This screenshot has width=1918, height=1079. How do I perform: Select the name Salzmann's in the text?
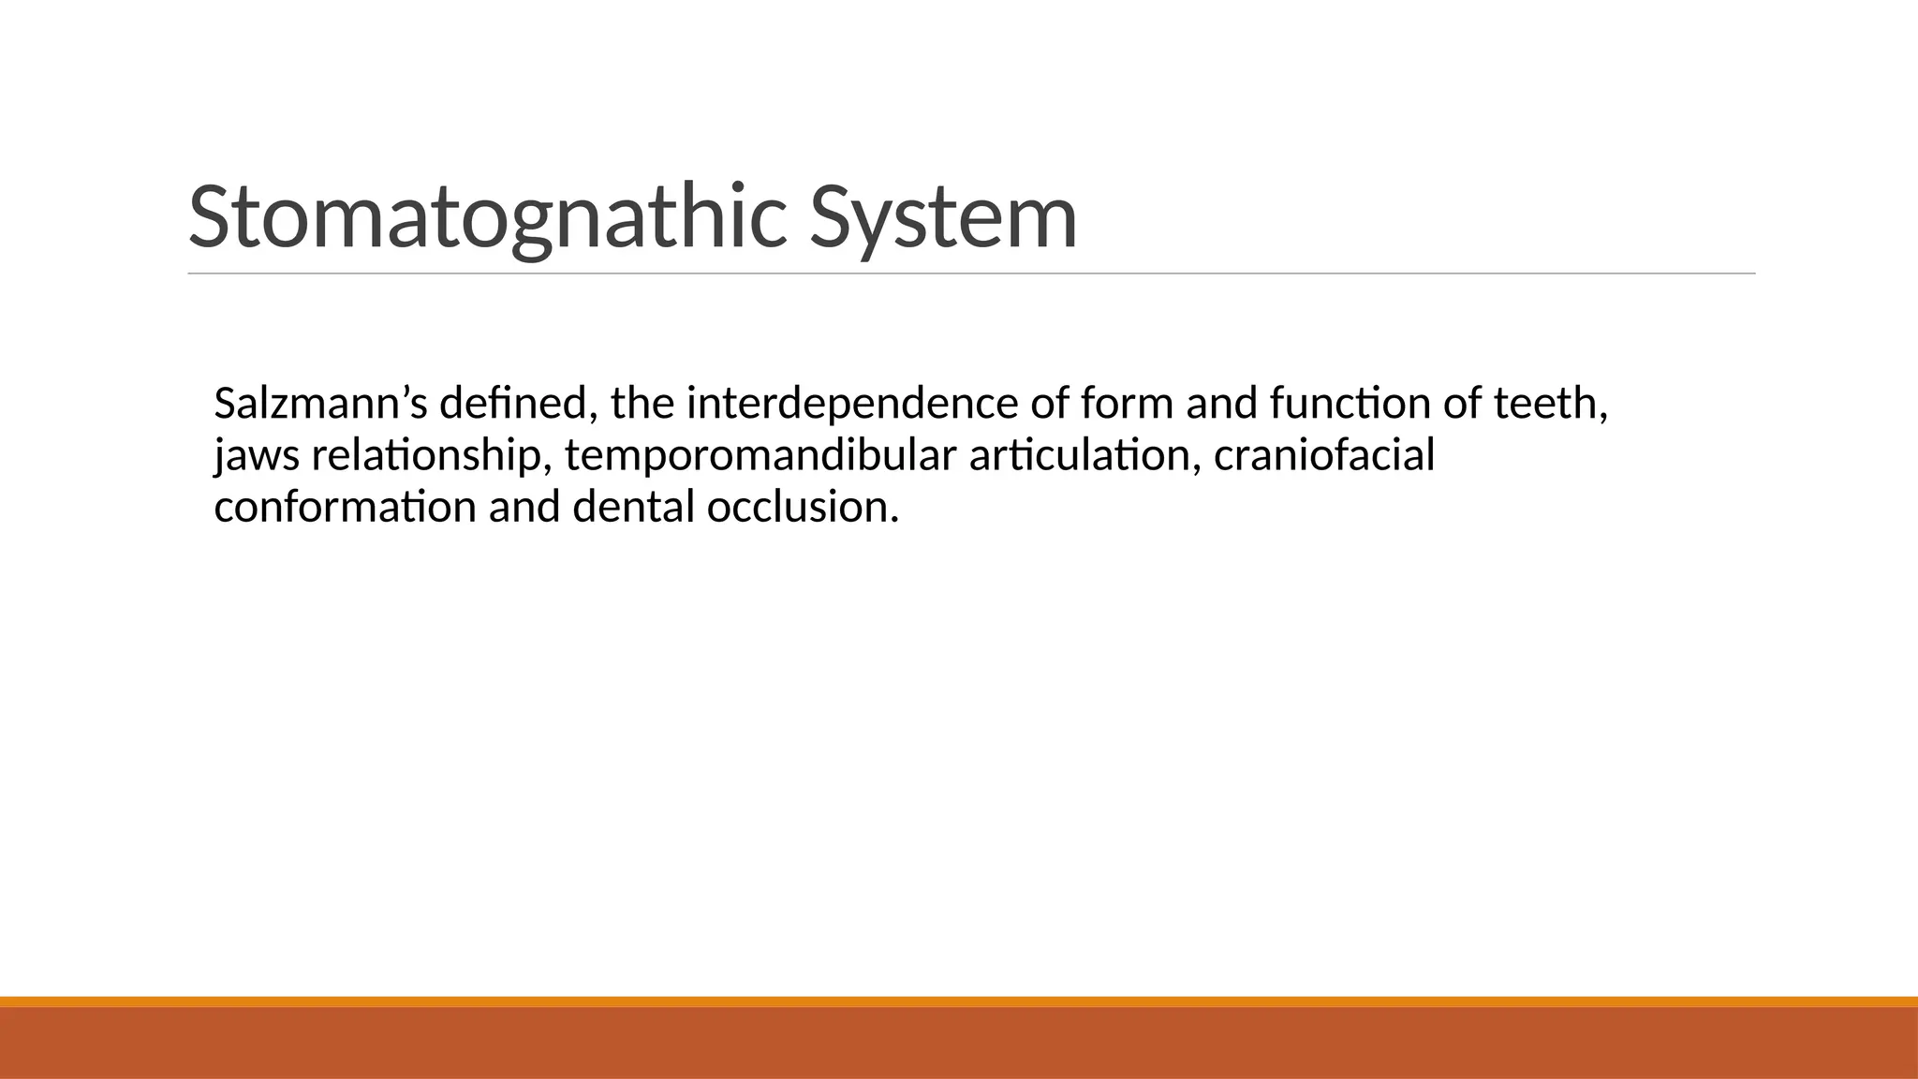320,405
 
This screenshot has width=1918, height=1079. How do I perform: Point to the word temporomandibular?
760,457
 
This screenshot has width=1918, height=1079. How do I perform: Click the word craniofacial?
1324,457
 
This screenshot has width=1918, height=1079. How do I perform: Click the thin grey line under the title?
971,273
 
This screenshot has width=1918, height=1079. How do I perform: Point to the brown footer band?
959,1043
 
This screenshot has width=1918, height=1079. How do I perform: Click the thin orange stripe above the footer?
959,1001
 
